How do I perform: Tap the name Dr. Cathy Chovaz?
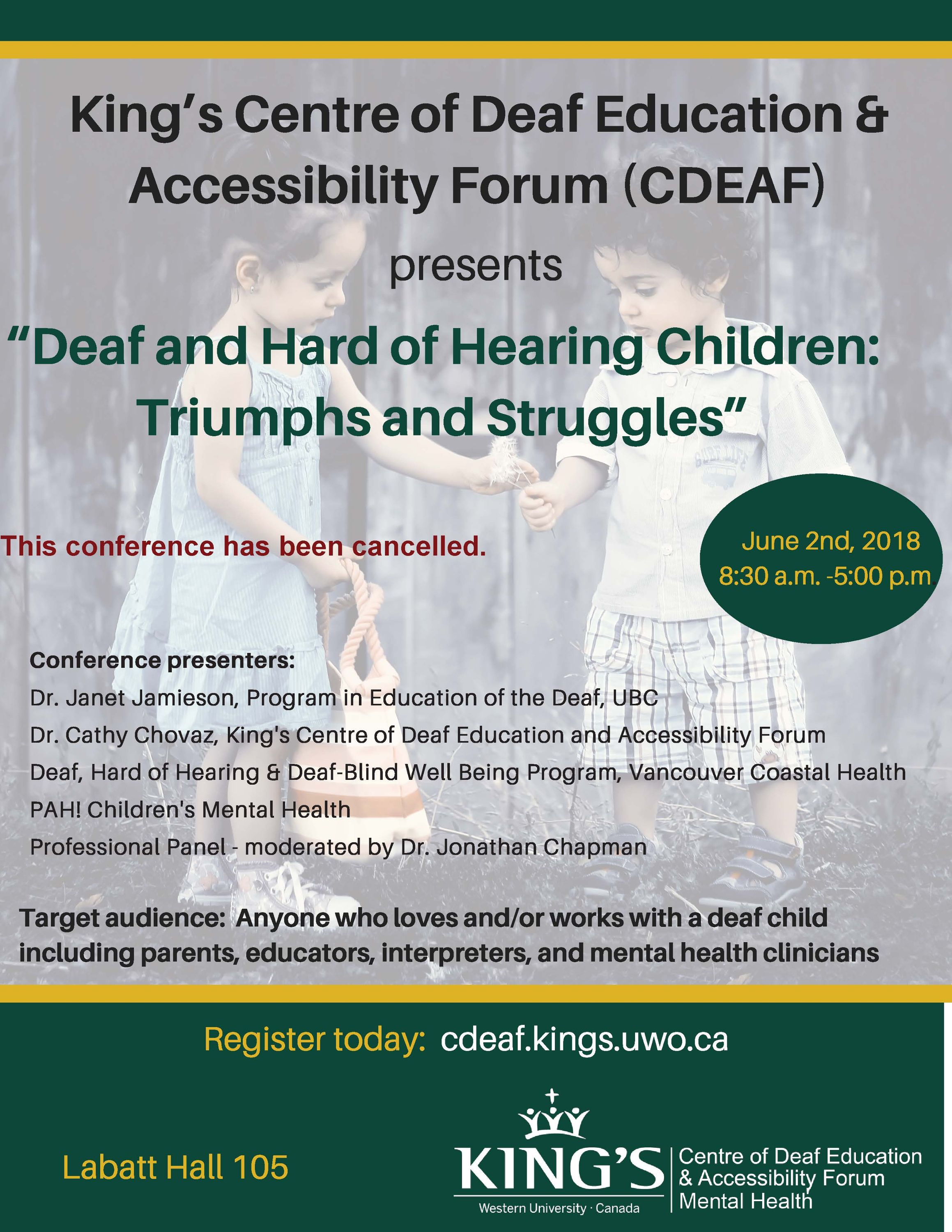(120, 736)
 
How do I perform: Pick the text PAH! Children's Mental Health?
(190, 810)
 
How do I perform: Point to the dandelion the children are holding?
(506, 462)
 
